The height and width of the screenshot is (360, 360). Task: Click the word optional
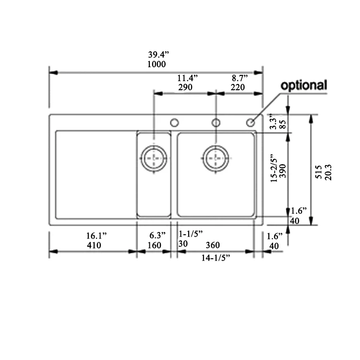click(303, 85)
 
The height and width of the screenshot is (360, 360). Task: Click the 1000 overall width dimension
click(156, 64)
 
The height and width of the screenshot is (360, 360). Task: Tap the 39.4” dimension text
click(158, 55)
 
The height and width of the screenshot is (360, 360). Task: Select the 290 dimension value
click(185, 87)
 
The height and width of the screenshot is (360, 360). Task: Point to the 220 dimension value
click(238, 87)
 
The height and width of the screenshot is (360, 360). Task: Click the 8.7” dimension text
click(240, 78)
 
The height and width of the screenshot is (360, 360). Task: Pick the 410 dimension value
click(94, 245)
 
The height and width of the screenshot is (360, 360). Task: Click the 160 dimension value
click(154, 245)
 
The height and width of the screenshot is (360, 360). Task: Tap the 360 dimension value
click(213, 245)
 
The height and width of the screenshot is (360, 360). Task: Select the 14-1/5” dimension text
click(216, 258)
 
